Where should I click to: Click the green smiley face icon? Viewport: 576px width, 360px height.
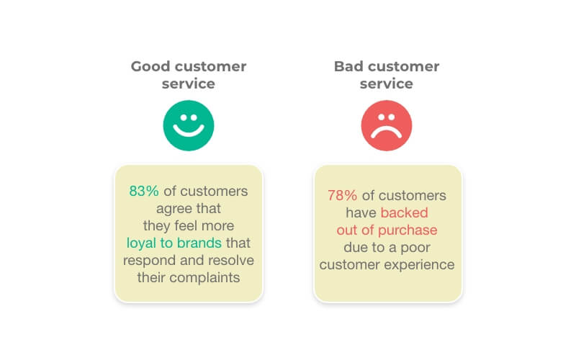pos(189,125)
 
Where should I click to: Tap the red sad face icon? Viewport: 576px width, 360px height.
pos(387,125)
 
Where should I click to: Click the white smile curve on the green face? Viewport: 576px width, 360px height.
pos(189,130)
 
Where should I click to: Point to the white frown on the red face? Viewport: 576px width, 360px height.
pos(387,132)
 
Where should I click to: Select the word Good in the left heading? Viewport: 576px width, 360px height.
pos(150,66)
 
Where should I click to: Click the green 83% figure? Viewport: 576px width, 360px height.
pos(144,191)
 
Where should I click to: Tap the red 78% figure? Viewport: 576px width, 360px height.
pos(343,195)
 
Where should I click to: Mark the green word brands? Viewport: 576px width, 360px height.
pos(199,243)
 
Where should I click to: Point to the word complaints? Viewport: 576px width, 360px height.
pos(204,277)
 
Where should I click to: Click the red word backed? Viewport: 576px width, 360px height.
pos(405,212)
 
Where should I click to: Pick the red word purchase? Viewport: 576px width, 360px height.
pos(408,230)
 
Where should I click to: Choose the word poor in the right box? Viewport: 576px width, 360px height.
pos(415,248)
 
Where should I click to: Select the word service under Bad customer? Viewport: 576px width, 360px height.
pos(387,84)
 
